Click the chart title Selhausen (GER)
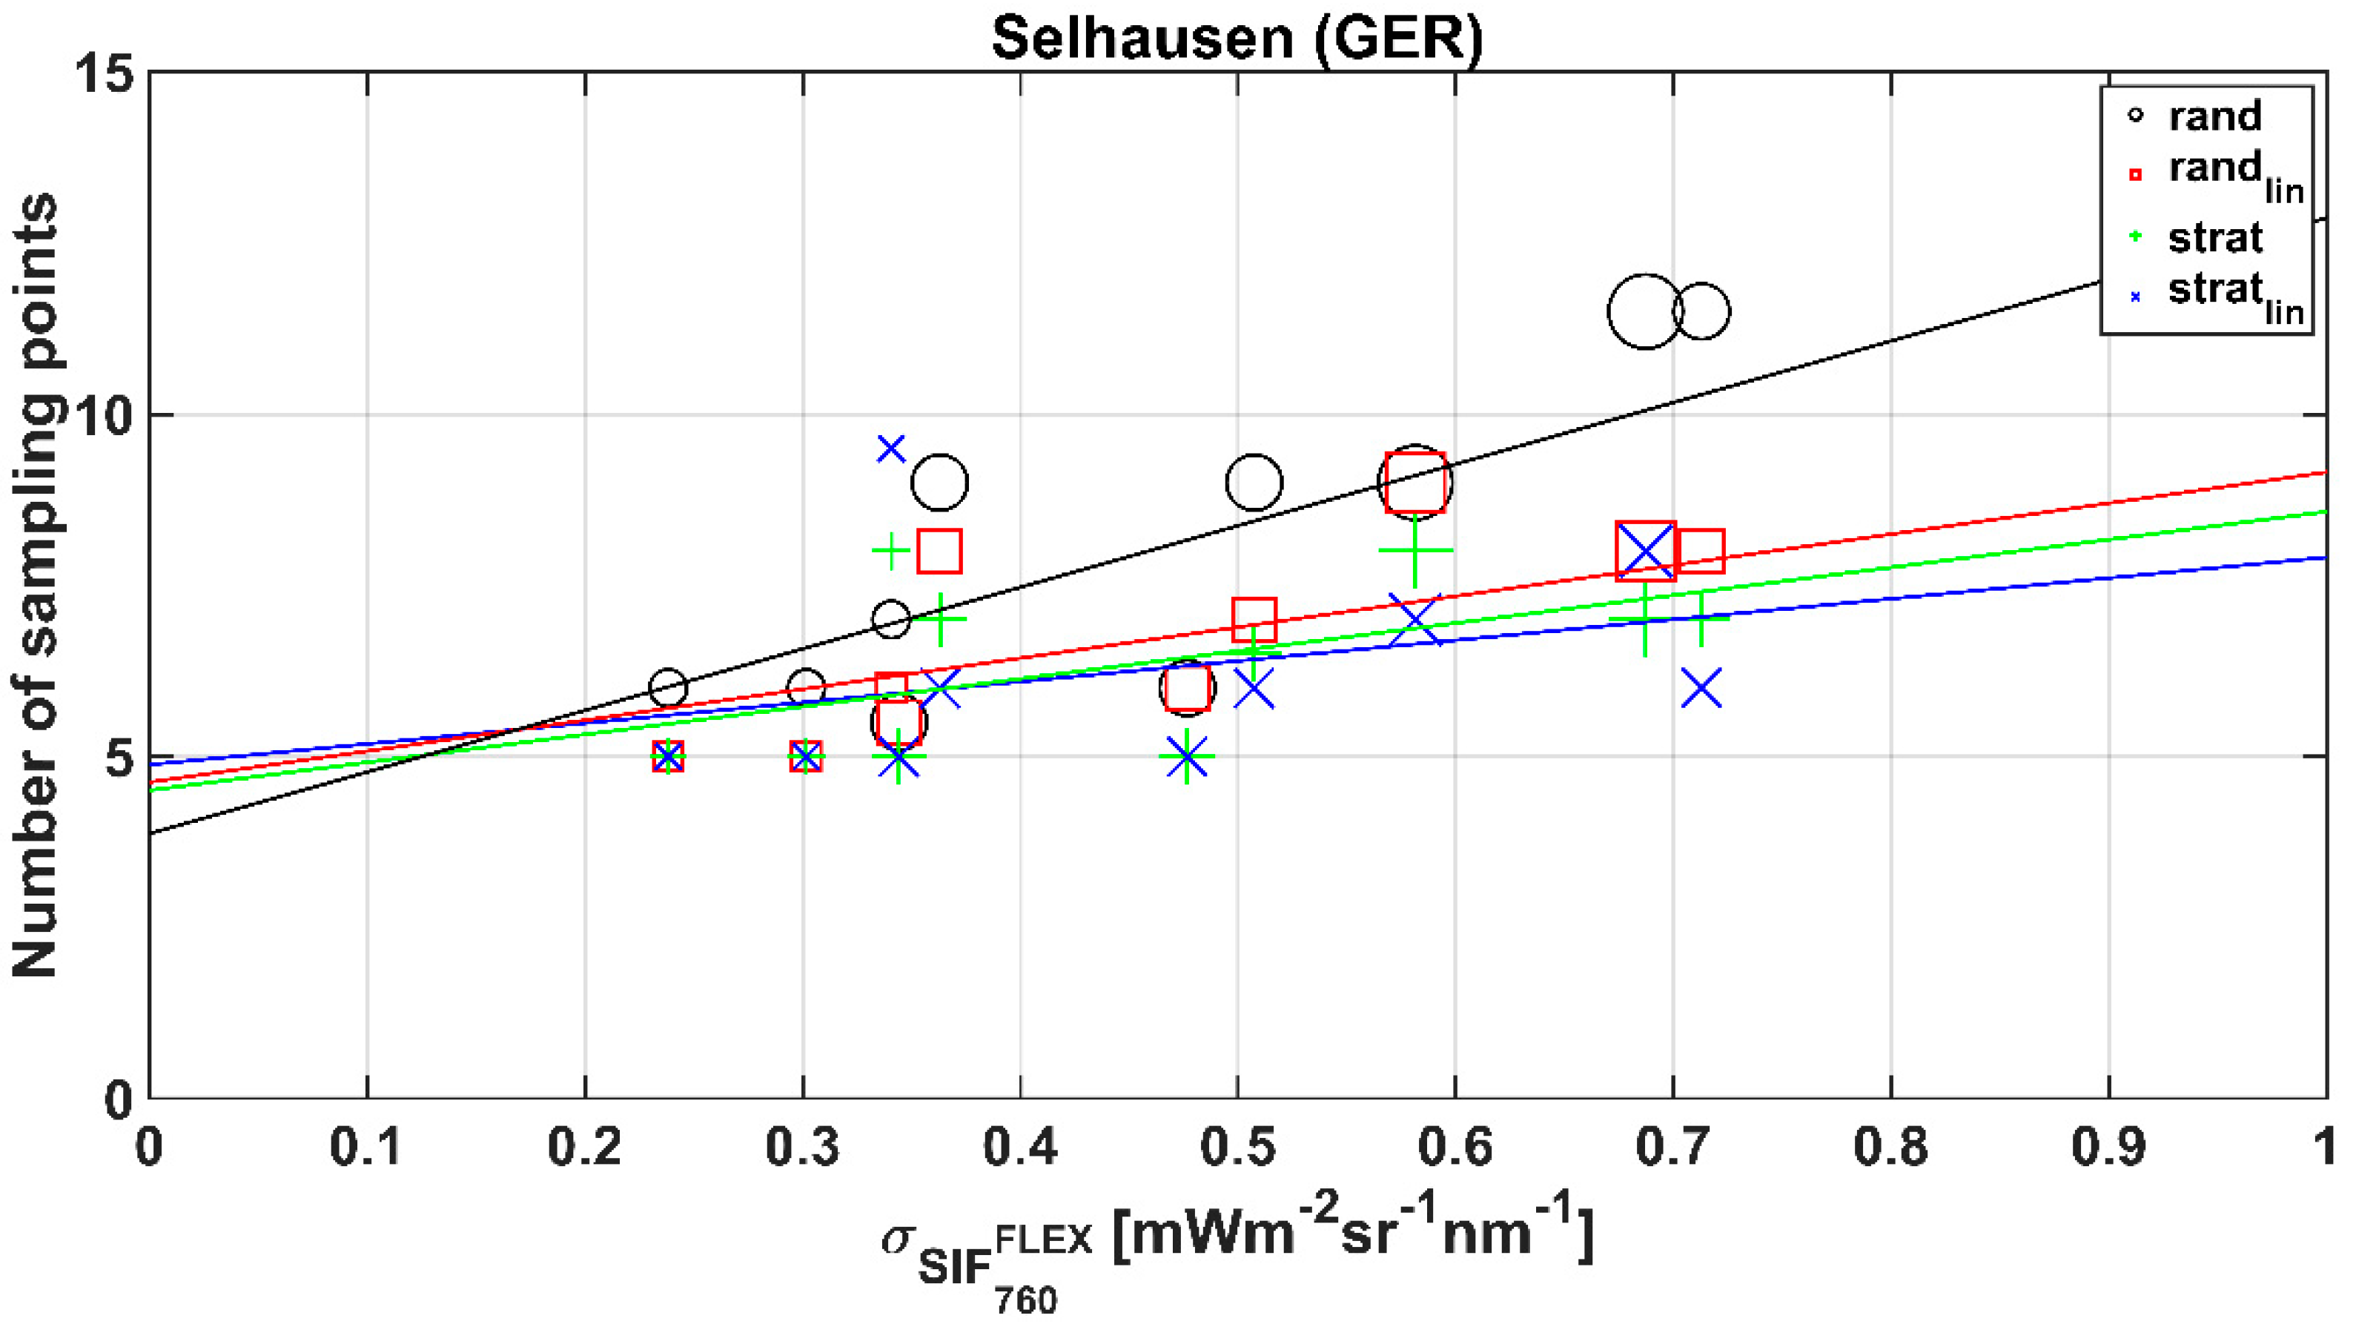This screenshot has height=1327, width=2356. pyautogui.click(x=1237, y=38)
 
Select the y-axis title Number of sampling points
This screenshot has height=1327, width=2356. pyautogui.click(x=36, y=586)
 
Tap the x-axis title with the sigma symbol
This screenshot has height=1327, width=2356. pyautogui.click(x=1237, y=1253)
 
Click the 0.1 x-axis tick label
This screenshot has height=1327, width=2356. pyautogui.click(x=367, y=1148)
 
